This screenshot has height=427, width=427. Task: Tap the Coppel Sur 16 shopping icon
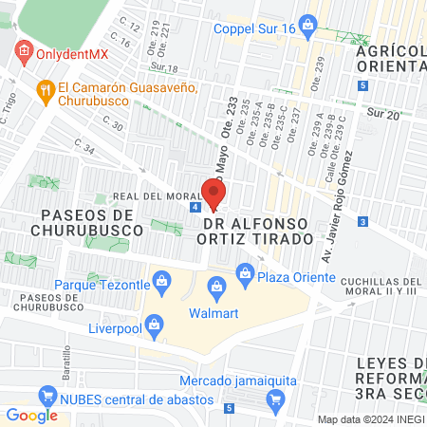pos(306,23)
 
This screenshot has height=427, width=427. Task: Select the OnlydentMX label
pos(72,53)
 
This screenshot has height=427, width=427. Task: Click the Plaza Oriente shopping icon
pos(244,277)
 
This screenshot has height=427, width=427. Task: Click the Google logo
pos(31,415)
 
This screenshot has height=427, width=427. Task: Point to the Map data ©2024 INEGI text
pos(370,419)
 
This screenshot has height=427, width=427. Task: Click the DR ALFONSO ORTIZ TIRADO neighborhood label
pos(257,230)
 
